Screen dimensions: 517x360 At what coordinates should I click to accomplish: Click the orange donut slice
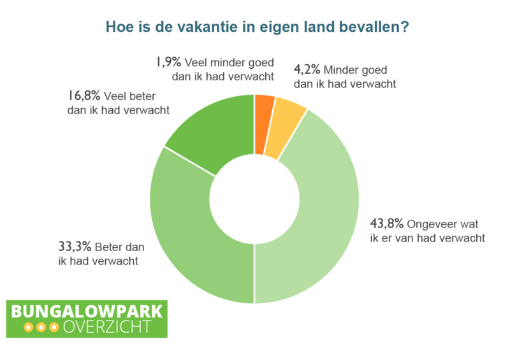click(264, 124)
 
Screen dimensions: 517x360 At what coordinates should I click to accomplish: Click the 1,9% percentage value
click(168, 62)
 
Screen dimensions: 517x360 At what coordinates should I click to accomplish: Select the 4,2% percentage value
click(307, 69)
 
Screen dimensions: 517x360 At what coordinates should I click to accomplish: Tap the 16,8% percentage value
click(84, 96)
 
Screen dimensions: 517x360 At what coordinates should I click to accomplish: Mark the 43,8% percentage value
click(387, 224)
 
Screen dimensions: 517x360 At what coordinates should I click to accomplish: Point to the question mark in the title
click(405, 27)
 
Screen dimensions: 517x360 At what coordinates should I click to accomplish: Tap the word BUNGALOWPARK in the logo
click(87, 312)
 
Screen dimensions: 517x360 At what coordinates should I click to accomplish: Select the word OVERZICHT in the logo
click(107, 327)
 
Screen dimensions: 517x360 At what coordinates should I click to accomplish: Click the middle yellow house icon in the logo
click(41, 327)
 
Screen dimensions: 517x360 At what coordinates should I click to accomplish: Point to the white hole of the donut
click(254, 199)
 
